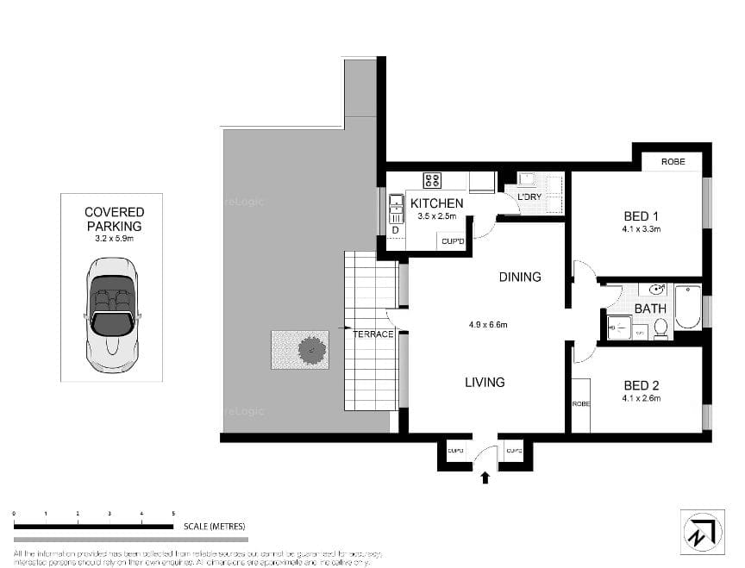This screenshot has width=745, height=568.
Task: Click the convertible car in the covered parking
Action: (x=111, y=311)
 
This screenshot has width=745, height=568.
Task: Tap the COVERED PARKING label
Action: (x=114, y=219)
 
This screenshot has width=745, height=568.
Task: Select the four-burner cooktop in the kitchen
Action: (x=432, y=180)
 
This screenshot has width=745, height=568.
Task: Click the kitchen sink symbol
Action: (x=397, y=207)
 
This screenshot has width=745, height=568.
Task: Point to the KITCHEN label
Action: (x=436, y=203)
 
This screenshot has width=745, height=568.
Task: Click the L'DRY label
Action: (x=529, y=197)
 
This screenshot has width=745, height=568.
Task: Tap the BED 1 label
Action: (x=641, y=216)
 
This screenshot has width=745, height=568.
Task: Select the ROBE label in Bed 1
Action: (x=673, y=162)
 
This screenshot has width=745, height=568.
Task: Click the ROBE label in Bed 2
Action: (x=580, y=403)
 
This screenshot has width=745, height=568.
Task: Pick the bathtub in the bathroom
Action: (x=687, y=308)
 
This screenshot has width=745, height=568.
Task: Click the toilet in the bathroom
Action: (x=660, y=328)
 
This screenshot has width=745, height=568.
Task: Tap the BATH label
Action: (x=649, y=308)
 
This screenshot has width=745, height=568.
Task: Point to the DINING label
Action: (x=520, y=277)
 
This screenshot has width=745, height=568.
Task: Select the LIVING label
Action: (x=485, y=382)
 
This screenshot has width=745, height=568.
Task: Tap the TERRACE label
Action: (x=372, y=334)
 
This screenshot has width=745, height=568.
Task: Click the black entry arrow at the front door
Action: (x=485, y=477)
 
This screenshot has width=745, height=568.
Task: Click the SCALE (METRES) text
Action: (x=214, y=526)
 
